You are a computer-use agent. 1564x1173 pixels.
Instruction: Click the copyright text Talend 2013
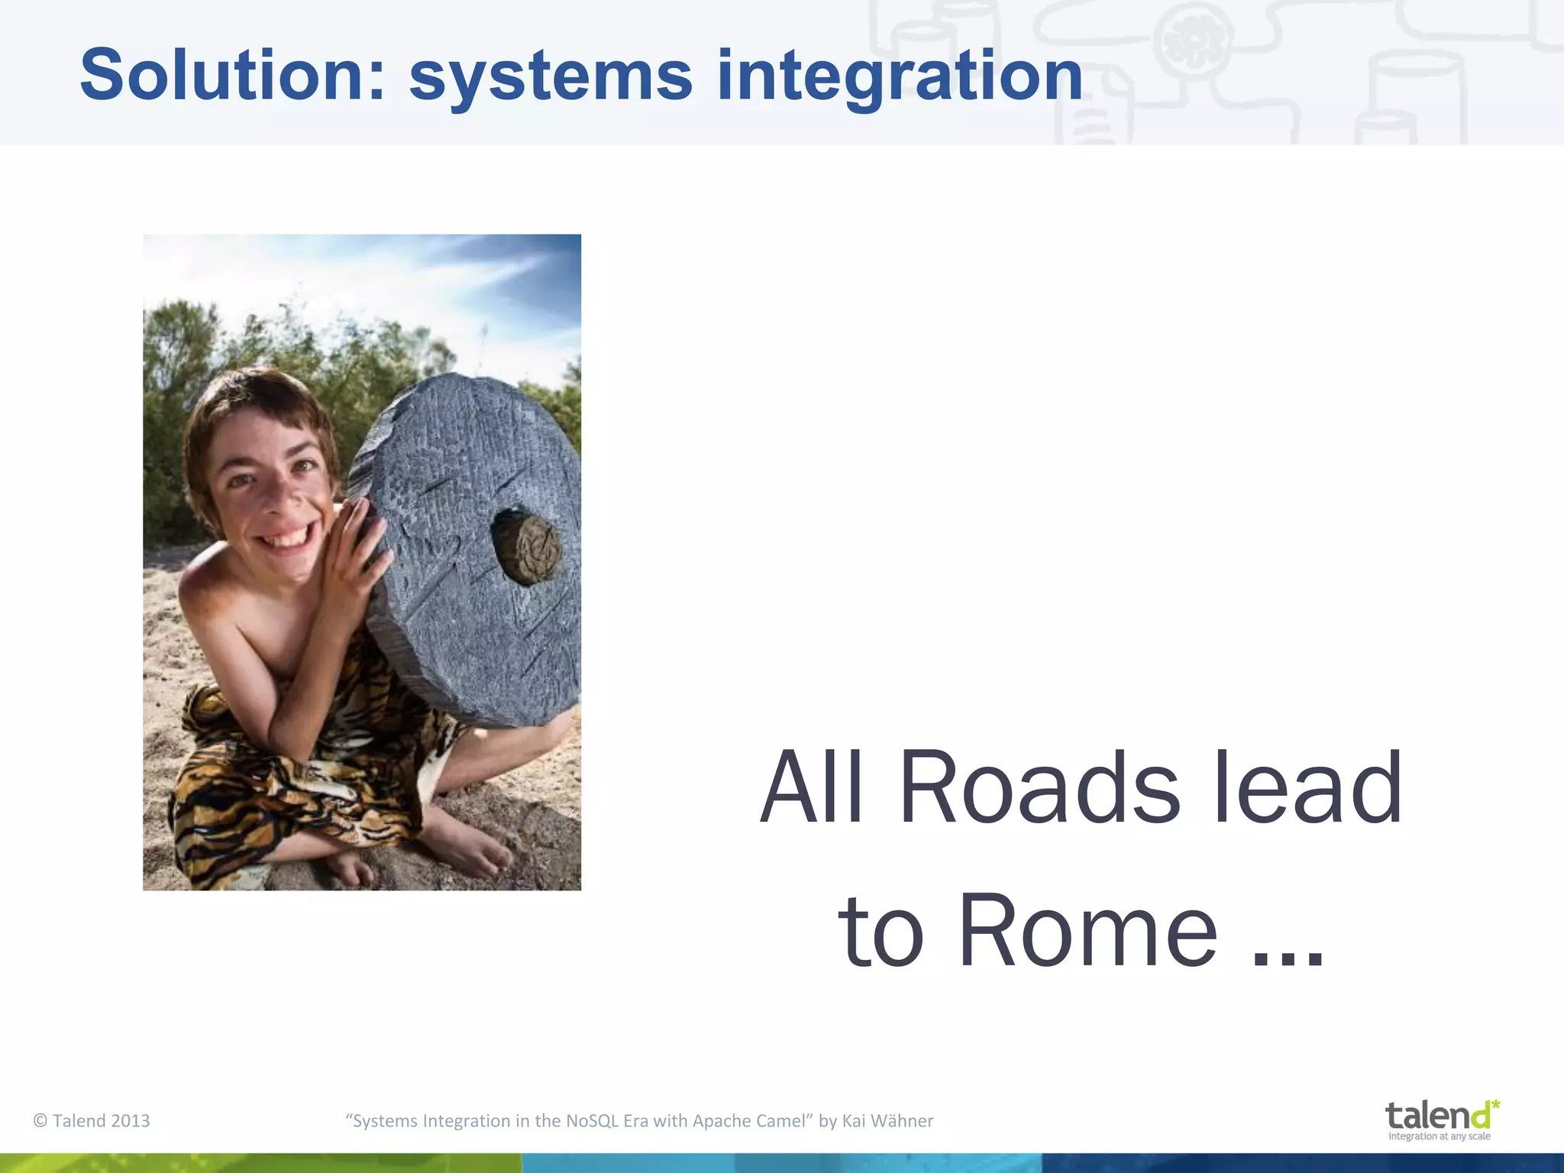92,1121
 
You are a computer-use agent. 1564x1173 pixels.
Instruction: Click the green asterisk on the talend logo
1495,1105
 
